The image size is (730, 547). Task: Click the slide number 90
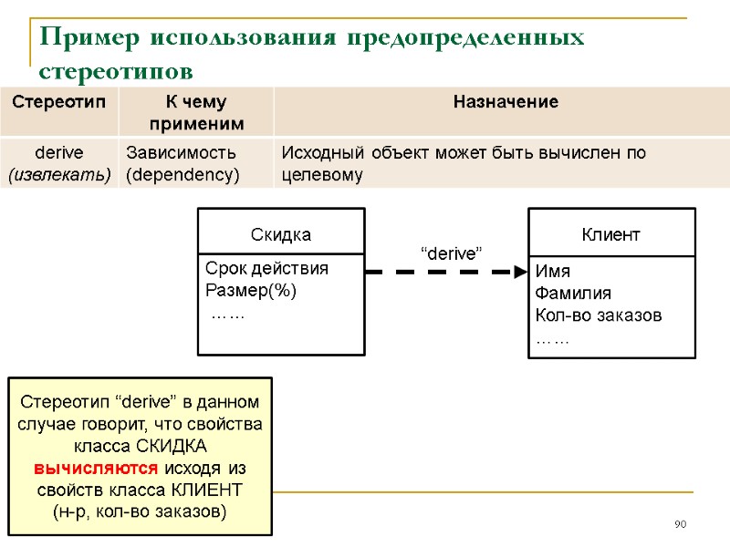680,524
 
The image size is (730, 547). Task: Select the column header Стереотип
58,101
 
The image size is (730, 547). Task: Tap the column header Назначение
506,101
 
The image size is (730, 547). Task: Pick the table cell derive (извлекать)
58,163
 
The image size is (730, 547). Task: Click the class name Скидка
281,235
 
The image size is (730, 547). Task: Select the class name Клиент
611,235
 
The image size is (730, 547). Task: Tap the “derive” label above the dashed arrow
450,253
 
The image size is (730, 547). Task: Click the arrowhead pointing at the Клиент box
520,272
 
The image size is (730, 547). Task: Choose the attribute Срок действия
266,269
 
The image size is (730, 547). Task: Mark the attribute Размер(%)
251,292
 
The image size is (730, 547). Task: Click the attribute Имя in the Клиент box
552,272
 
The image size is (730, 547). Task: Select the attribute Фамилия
573,294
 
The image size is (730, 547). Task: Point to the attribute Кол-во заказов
599,315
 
